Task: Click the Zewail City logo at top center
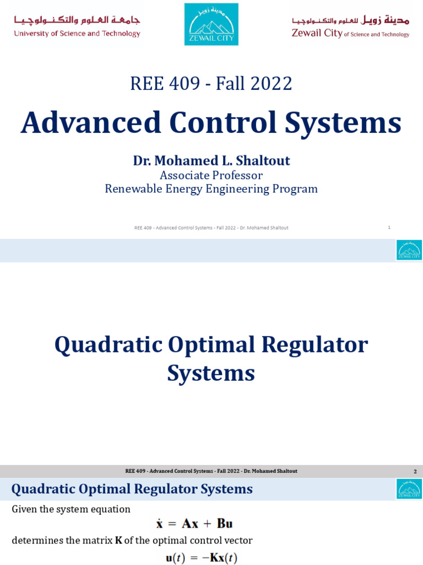click(211, 24)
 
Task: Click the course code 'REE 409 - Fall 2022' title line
click(211, 83)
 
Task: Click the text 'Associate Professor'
click(211, 175)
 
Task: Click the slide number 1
click(389, 227)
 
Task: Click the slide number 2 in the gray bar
click(415, 471)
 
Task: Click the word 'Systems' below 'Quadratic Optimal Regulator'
click(211, 374)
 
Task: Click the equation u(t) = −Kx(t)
click(202, 558)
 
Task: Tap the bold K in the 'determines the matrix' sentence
click(118, 540)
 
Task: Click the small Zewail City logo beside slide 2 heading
click(409, 489)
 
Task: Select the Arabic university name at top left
click(77, 20)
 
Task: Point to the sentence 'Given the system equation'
click(71, 509)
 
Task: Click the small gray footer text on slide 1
click(211, 228)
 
